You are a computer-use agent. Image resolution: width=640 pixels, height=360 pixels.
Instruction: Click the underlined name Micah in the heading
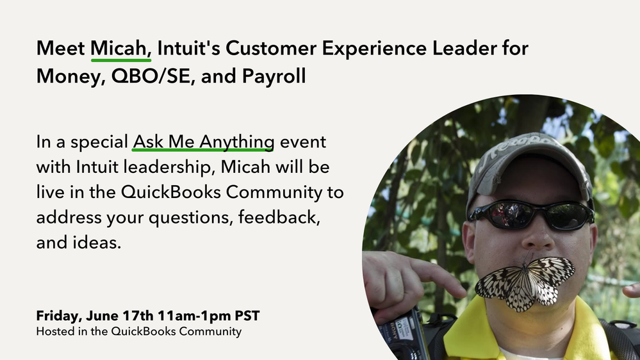(119, 49)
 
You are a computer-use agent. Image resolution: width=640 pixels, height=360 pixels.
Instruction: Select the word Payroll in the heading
(274, 76)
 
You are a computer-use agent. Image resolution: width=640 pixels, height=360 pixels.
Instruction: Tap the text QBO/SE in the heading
(151, 76)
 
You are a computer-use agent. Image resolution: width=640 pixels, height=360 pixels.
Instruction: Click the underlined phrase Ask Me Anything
(203, 142)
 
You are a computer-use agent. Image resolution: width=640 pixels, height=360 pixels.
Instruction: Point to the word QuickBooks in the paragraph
(171, 192)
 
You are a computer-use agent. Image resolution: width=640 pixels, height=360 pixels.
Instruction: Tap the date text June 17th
(120, 316)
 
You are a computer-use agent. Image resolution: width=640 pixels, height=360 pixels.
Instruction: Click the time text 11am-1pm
(194, 316)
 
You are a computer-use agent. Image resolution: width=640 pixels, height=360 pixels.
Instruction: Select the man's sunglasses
(531, 215)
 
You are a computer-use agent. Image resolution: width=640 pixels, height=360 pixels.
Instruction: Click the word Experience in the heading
(375, 49)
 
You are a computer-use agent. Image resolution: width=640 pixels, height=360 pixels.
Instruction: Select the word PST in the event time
(247, 316)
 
